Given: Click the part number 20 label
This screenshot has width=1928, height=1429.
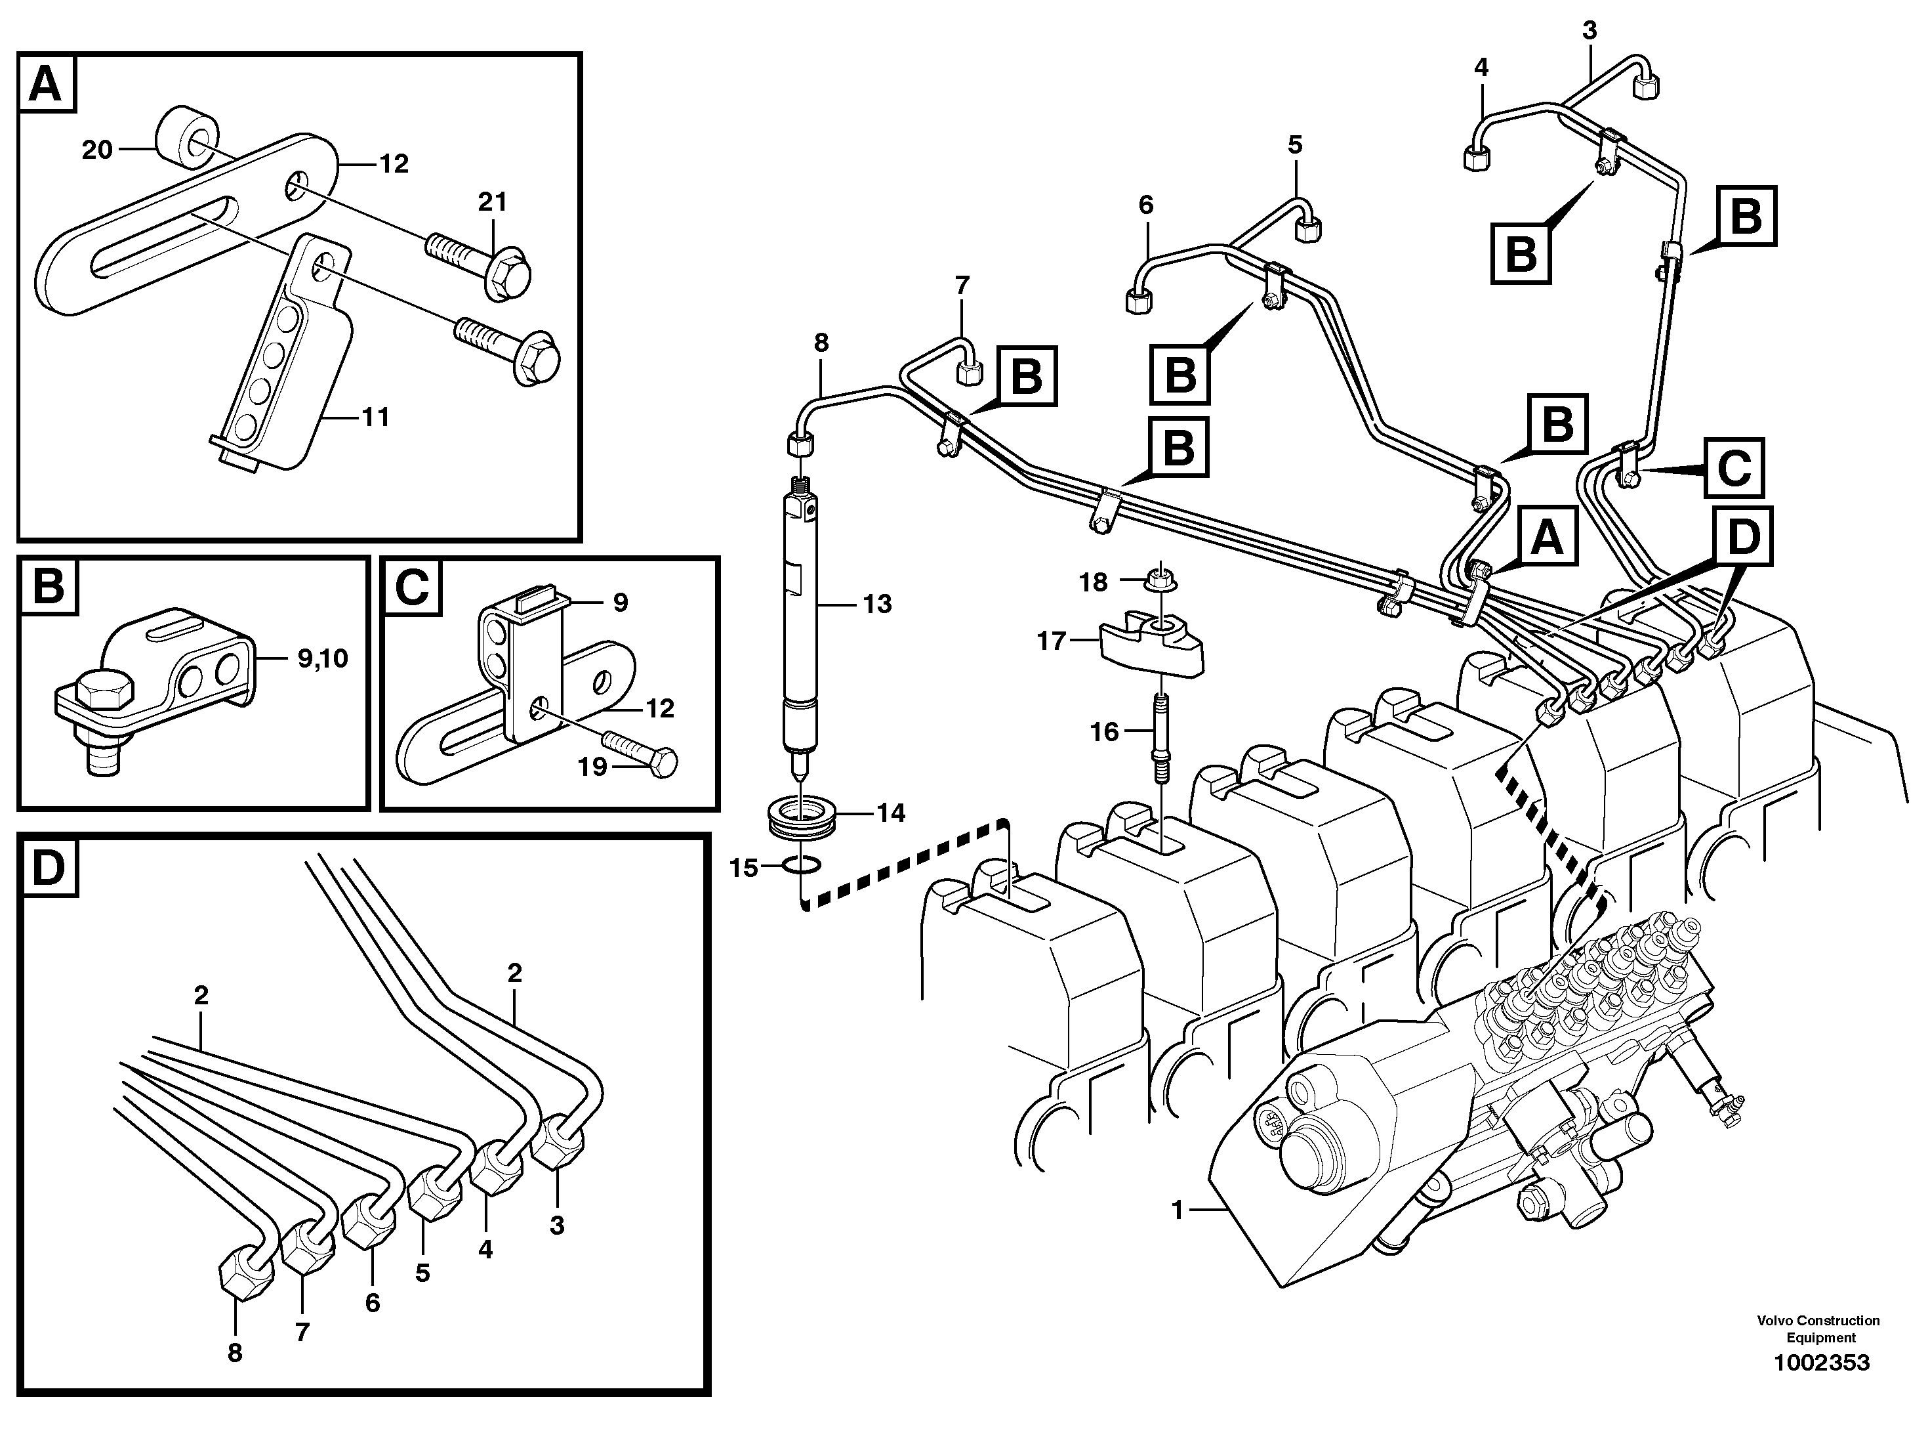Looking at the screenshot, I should [x=97, y=150].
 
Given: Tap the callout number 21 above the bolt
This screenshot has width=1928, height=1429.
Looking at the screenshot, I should [x=492, y=202].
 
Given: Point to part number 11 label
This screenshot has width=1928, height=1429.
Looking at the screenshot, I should [x=375, y=417].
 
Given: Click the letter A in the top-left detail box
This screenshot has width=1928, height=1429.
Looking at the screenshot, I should [x=46, y=85].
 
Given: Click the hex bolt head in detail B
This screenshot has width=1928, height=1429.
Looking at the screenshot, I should [x=104, y=692].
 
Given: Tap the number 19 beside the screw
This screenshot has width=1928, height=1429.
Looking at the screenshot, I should [x=592, y=767].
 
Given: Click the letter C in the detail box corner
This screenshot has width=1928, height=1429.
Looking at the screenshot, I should [x=411, y=588].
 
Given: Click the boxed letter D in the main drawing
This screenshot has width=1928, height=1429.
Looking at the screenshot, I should [x=1743, y=537].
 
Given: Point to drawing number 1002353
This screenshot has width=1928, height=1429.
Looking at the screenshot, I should [x=1822, y=1363].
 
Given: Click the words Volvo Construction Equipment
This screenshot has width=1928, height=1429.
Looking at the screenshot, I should [x=1818, y=1329].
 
